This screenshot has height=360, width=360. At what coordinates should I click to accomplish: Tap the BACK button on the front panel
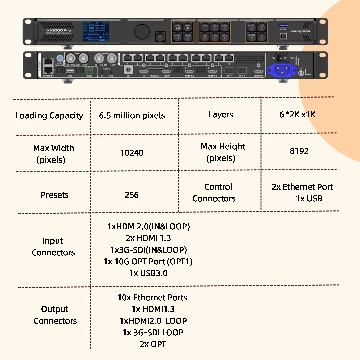pos(160,36)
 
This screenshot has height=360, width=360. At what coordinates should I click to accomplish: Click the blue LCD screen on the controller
pos(96,31)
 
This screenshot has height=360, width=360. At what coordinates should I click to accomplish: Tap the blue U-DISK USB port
pos(283,25)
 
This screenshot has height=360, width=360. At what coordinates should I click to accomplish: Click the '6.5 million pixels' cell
pos(132,116)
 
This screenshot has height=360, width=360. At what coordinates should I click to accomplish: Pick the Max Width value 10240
pos(132,153)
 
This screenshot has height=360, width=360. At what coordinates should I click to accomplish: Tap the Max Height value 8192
pos(299,151)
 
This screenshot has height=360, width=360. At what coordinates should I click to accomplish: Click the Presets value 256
pos(132,195)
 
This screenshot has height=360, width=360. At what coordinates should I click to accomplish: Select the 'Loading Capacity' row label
pos(49,116)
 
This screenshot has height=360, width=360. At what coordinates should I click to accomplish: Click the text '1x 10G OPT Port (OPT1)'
pos(148,262)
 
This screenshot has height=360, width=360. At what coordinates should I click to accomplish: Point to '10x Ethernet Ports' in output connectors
pos(152,298)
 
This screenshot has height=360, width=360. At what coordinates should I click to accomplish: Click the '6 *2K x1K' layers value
pos(297,115)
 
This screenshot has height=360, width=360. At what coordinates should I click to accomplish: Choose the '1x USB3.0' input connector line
pos(148,273)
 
